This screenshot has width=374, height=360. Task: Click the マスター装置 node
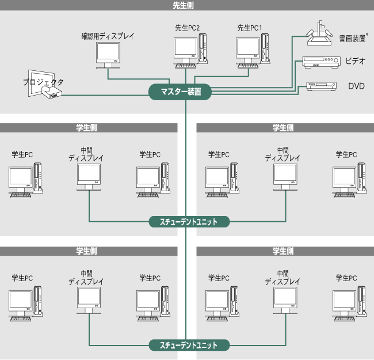[180, 92]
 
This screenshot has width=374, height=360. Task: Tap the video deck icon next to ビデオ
[320, 60]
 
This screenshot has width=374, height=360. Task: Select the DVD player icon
[322, 85]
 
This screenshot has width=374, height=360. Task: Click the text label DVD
[356, 86]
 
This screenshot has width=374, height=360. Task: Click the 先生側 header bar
[187, 5]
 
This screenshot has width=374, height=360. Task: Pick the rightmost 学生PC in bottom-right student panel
[349, 302]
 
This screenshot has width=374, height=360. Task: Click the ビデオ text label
[355, 60]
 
